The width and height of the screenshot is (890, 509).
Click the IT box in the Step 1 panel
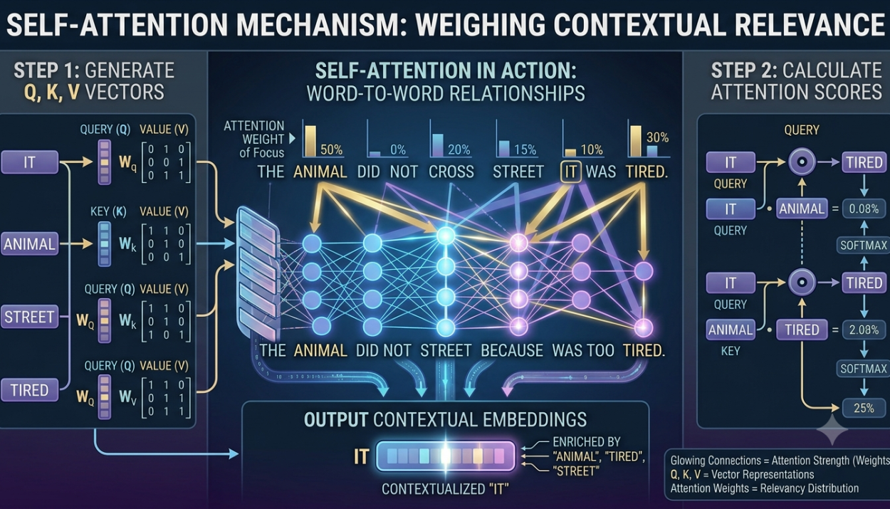(30, 162)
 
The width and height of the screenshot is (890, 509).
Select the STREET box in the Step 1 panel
(29, 317)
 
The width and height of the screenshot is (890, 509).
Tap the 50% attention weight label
(331, 149)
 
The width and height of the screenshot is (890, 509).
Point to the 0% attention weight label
(398, 149)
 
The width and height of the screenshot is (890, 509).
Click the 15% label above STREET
(525, 149)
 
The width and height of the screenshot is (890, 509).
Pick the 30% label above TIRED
(658, 137)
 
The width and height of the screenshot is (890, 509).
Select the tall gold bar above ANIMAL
(310, 141)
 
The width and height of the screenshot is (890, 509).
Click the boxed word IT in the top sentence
(571, 172)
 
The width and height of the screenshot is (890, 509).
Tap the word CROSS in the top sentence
(451, 172)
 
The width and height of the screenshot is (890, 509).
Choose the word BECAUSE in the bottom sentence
(512, 350)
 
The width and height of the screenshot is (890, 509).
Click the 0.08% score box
(864, 209)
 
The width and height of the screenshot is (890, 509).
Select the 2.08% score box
(864, 330)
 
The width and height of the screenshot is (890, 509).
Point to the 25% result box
(864, 408)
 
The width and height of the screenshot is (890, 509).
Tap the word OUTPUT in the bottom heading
(336, 419)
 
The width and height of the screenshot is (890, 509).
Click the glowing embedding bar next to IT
(446, 456)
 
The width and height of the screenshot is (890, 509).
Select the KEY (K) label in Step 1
(108, 211)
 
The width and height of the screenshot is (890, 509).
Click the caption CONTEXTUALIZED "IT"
(445, 489)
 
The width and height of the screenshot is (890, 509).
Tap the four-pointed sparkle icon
(832, 430)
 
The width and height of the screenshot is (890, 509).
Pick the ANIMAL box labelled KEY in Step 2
(731, 330)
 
